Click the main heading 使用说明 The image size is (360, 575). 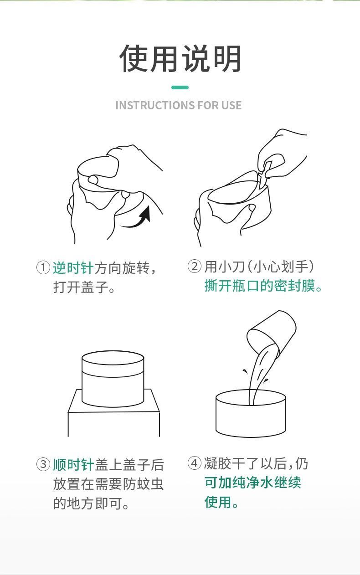180,58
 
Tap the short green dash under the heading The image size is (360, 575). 180,87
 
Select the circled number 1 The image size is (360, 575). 43,267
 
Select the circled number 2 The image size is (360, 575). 195,266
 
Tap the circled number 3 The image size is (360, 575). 43,464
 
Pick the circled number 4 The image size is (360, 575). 195,463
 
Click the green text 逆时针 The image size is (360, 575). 73,268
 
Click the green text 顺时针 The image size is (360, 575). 73,465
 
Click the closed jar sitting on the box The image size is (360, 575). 113,379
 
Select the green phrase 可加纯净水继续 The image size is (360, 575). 252,483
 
